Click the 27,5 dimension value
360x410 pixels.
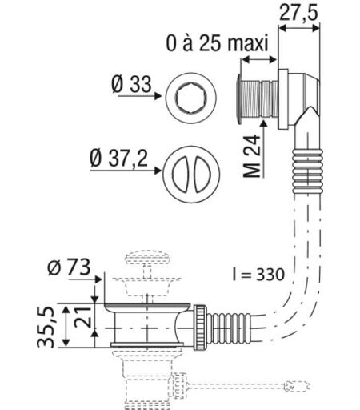tap(298, 13)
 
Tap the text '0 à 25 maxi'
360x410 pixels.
tap(217, 43)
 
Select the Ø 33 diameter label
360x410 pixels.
tap(132, 84)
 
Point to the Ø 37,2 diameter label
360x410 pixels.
tap(118, 159)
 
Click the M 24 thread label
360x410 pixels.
tap(252, 156)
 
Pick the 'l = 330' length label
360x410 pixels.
tap(258, 275)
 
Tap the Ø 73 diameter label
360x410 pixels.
tap(69, 267)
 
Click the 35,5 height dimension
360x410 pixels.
tap(46, 327)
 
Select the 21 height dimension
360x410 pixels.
tap(82, 317)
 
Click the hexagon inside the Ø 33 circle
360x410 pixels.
tap(191, 98)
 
